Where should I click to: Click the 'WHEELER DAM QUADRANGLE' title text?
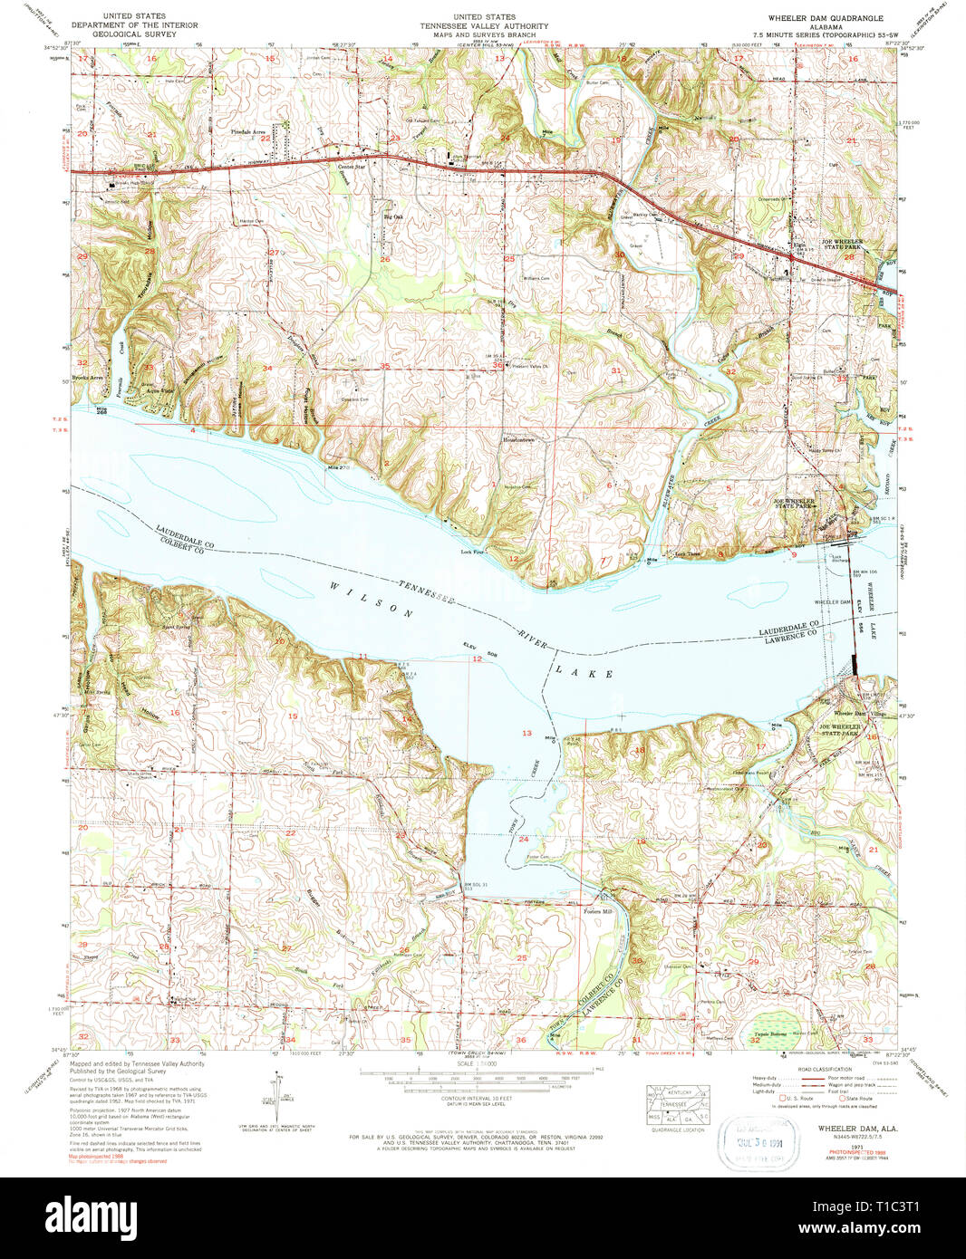tap(825, 18)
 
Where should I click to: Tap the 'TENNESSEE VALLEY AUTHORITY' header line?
tap(484, 26)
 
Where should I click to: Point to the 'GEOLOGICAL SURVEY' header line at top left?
tap(132, 34)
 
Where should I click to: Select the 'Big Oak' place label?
tap(392, 217)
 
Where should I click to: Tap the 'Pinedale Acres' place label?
tap(247, 132)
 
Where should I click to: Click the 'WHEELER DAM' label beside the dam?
tap(833, 602)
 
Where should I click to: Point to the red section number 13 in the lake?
tap(526, 733)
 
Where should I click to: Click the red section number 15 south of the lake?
tap(293, 716)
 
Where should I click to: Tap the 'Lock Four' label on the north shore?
tap(472, 552)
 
